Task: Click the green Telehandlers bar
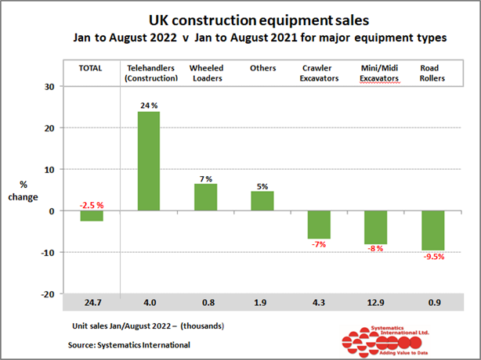click(149, 161)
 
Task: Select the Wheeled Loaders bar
click(205, 197)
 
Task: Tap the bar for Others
click(262, 201)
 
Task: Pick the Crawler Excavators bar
click(319, 225)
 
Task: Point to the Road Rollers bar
click(432, 230)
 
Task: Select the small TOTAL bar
click(92, 216)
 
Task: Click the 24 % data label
click(149, 105)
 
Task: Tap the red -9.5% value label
click(432, 257)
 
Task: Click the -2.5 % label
click(92, 205)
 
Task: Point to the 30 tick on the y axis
click(49, 87)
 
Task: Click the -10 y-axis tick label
click(47, 253)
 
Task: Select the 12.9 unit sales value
click(375, 302)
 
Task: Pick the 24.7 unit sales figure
click(92, 302)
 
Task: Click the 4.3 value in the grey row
click(319, 302)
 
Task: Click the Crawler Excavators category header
click(319, 73)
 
